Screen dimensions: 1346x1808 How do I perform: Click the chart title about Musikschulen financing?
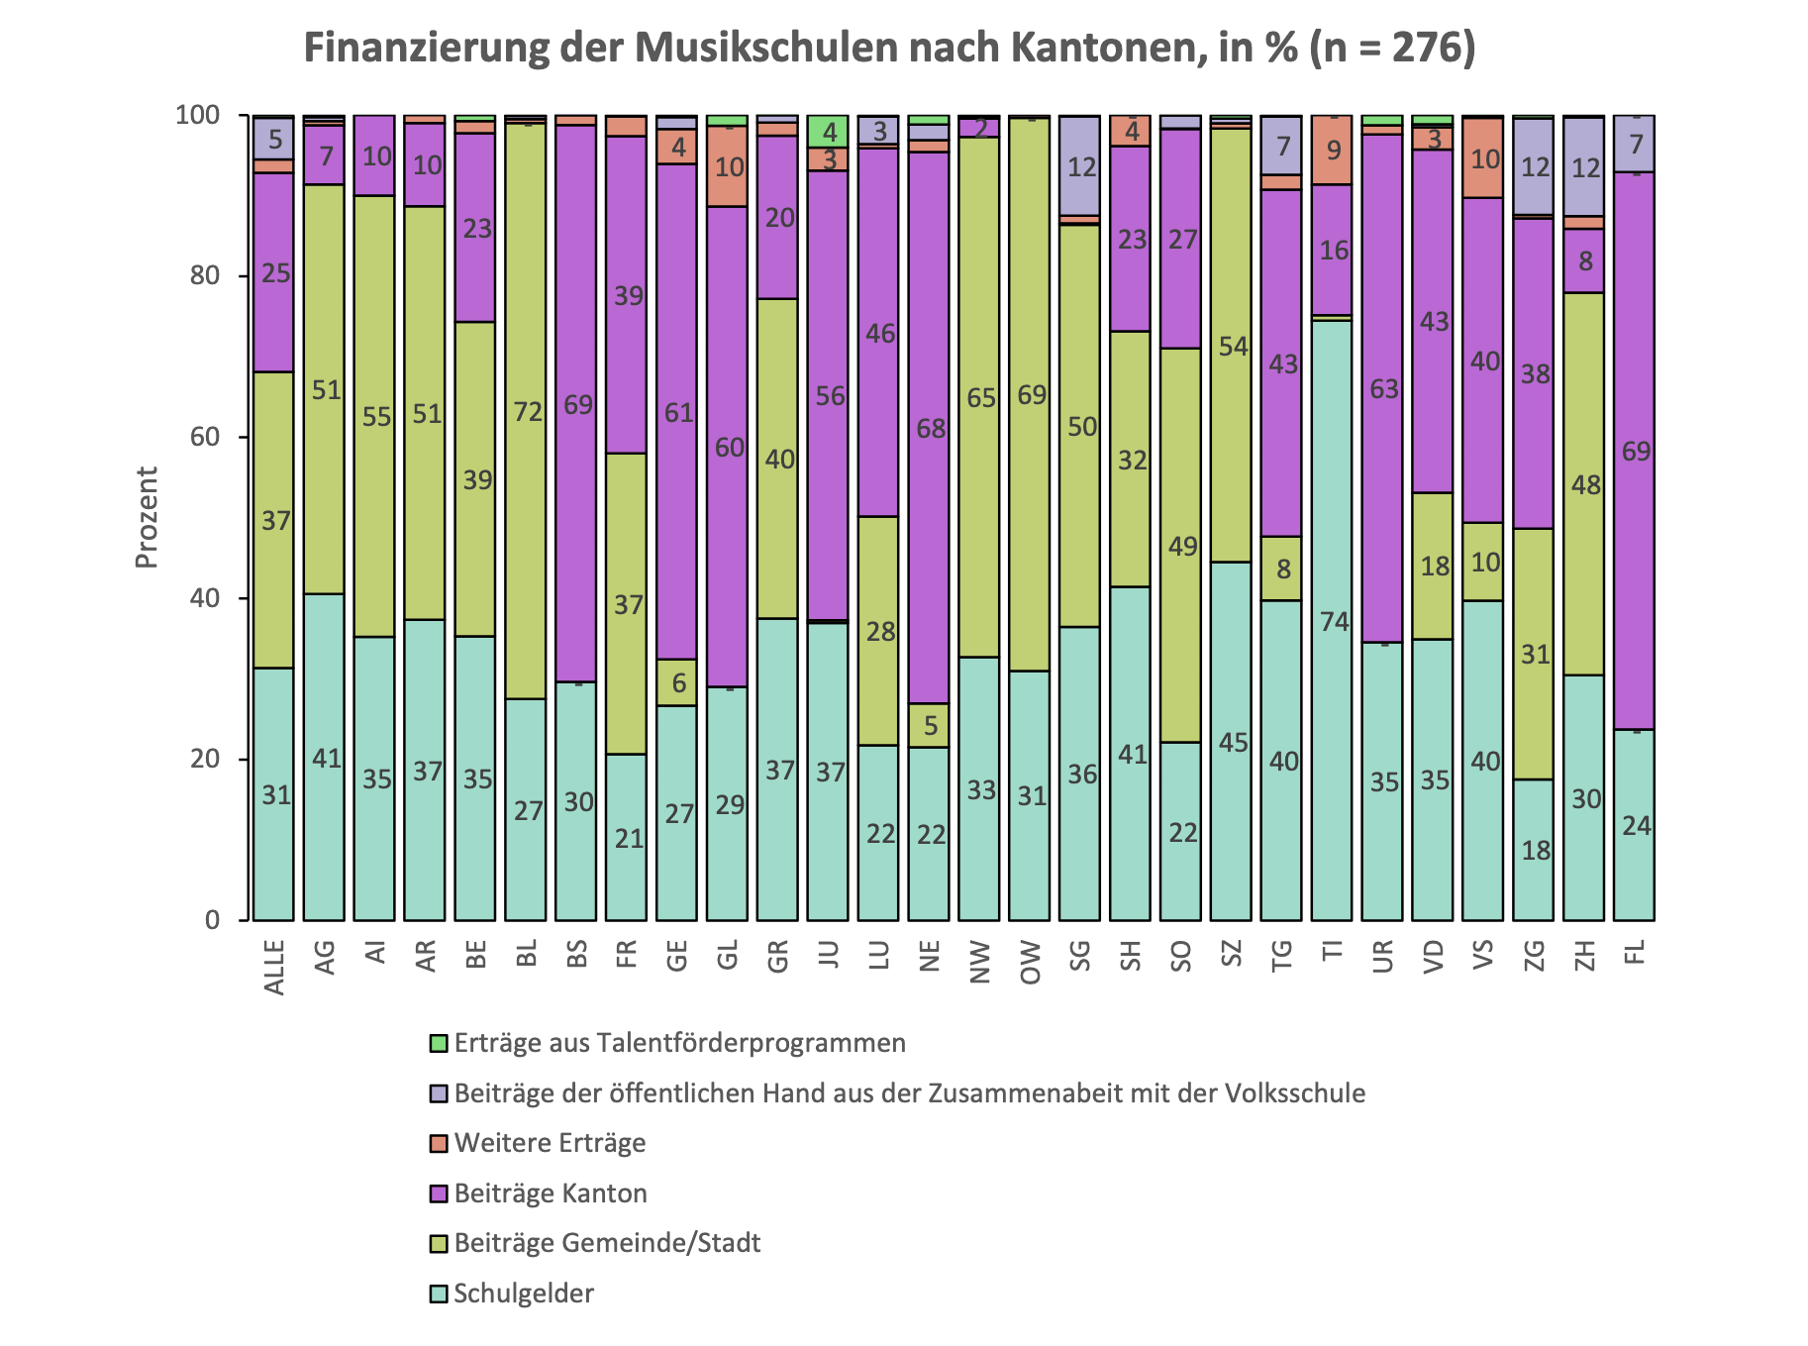click(888, 48)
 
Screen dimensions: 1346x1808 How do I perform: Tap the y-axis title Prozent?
click(147, 517)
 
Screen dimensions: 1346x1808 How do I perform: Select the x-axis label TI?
click(1333, 952)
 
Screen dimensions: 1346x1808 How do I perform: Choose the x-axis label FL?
click(1635, 952)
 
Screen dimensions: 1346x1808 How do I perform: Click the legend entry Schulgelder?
click(523, 1294)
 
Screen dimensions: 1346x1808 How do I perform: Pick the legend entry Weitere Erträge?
click(550, 1143)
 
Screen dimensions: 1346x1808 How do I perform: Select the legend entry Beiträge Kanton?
click(550, 1192)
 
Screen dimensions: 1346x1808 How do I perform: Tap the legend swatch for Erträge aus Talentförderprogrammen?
click(439, 1043)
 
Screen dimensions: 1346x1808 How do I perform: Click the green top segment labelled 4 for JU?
click(828, 131)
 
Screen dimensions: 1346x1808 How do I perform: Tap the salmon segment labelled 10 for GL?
click(728, 166)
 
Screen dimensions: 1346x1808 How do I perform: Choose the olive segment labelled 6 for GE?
click(677, 682)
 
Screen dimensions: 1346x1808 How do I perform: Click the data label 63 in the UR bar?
click(1383, 388)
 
